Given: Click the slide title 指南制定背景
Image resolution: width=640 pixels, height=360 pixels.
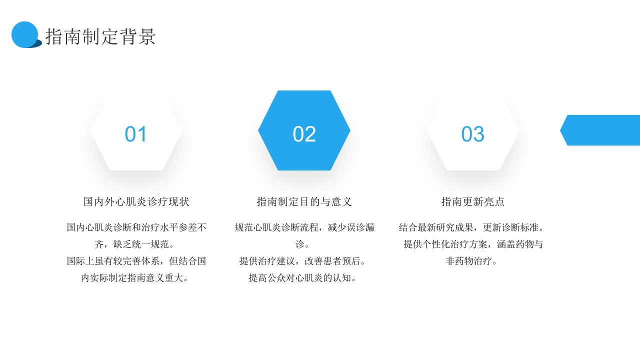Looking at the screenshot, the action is (x=100, y=36).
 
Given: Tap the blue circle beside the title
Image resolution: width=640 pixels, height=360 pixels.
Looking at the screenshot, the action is (x=25, y=34).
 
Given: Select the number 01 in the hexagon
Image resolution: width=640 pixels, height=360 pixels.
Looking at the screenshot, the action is (x=135, y=134).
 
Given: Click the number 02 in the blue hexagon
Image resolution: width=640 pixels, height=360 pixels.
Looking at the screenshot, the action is (x=304, y=134).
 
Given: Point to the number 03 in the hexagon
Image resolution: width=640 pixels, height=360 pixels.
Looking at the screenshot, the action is (x=473, y=134).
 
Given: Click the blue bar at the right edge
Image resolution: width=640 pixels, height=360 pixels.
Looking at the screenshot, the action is (x=600, y=130).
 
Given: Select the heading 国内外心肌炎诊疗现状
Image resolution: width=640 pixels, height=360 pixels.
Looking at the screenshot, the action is (x=136, y=201).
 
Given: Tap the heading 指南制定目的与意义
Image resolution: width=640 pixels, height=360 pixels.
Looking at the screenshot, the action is (x=304, y=201).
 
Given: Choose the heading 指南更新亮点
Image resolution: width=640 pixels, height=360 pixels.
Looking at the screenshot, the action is (x=473, y=201).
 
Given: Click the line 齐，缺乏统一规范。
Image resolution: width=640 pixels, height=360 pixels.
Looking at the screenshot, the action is (x=134, y=244).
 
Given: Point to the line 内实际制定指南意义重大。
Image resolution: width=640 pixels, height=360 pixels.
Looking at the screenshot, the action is (x=134, y=277).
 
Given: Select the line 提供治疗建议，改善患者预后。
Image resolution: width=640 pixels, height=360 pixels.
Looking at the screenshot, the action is (x=302, y=261).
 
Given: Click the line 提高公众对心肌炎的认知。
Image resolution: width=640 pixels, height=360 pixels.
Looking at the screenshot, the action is (x=302, y=277).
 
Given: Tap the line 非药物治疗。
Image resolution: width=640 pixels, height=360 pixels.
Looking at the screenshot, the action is (x=471, y=261).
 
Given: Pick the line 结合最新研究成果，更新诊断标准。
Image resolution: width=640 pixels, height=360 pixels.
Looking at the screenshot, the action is (x=471, y=227).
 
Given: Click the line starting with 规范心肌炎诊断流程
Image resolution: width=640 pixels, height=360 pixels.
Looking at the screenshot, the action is (x=304, y=227).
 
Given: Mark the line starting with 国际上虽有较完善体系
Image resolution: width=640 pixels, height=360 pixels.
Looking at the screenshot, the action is (x=136, y=261).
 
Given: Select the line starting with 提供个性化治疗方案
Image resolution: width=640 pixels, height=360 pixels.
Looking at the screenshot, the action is (x=473, y=244).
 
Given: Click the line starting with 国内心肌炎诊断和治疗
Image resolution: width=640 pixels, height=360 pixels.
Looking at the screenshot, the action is (x=136, y=227).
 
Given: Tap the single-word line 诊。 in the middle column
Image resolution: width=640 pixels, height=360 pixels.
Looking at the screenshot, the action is (x=302, y=244).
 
